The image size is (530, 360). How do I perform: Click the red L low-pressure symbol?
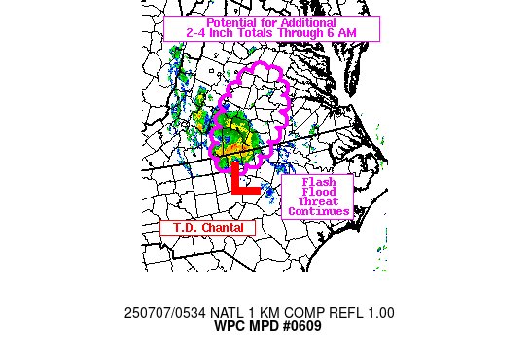pyautogui.click(x=244, y=181)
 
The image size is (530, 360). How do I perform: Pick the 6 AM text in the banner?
pyautogui.click(x=354, y=34)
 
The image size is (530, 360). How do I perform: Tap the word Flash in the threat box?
pyautogui.click(x=318, y=182)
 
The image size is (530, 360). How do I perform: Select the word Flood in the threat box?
pyautogui.click(x=318, y=192)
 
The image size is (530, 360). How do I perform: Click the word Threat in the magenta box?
pyautogui.click(x=318, y=201)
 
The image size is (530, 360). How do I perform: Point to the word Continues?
pyautogui.click(x=318, y=211)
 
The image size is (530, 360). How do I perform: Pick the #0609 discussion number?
pyautogui.click(x=300, y=326)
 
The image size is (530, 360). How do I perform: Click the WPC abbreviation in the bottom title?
pyautogui.click(x=230, y=326)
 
